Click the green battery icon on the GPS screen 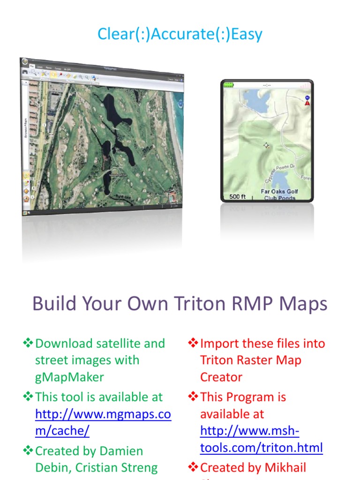pos(229,85)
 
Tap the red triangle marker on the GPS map pos(307,103)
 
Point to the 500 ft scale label pos(237,196)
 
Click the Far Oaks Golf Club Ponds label pos(279,195)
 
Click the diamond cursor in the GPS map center pos(266,146)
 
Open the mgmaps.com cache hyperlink pos(103,423)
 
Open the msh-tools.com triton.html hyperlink pos(261,439)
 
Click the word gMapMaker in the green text pos(69,377)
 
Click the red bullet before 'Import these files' pos(193,344)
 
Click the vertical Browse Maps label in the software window pos(25,130)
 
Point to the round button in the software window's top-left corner pos(24,61)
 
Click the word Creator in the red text pos(221,377)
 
